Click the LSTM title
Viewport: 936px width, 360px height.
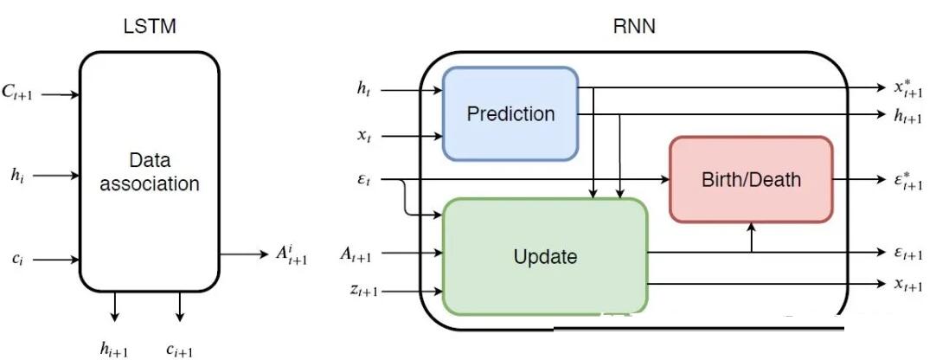pyautogui.click(x=150, y=27)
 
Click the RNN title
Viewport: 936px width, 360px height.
pyautogui.click(x=634, y=27)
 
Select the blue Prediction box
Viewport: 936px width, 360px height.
pyautogui.click(x=510, y=113)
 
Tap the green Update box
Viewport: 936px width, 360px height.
pyautogui.click(x=545, y=256)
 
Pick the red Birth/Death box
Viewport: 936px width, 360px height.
pyautogui.click(x=751, y=179)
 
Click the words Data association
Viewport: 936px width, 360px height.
pyautogui.click(x=150, y=172)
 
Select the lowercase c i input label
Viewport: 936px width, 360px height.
pyautogui.click(x=19, y=260)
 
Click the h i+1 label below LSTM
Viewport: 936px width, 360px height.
pyautogui.click(x=113, y=349)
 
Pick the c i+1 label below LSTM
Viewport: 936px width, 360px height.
pyautogui.click(x=179, y=350)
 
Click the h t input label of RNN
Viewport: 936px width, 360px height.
pyautogui.click(x=363, y=90)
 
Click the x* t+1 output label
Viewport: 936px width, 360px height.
pyautogui.click(x=908, y=87)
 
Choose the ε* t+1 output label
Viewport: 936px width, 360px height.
pyautogui.click(x=908, y=181)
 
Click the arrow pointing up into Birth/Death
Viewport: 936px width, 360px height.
pyautogui.click(x=751, y=238)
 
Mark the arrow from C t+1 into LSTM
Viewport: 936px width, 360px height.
pyautogui.click(x=61, y=94)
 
